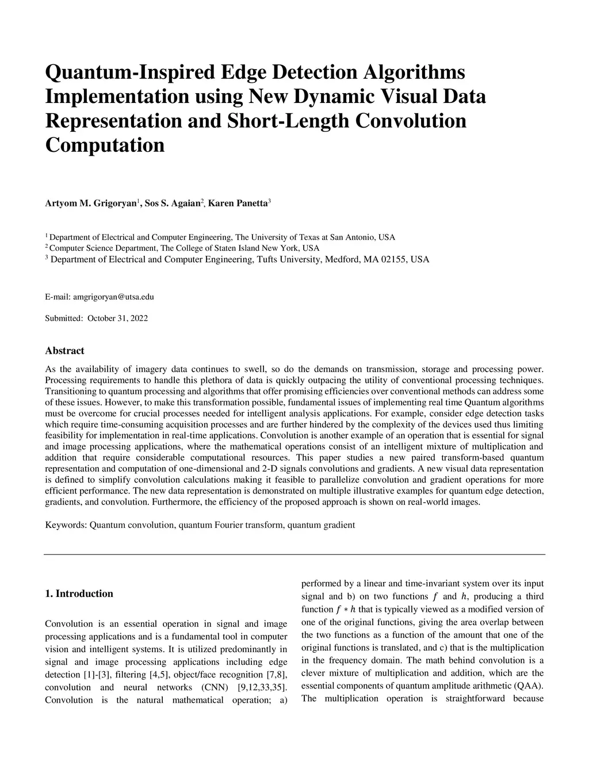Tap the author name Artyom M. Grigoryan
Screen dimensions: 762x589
(x=90, y=204)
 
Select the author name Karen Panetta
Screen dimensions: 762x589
(x=238, y=204)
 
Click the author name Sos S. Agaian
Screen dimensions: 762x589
(x=170, y=204)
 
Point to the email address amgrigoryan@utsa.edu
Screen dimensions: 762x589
(x=113, y=297)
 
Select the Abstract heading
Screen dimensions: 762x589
(x=64, y=351)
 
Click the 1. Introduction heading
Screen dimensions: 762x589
(x=79, y=593)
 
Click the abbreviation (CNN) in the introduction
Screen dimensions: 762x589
(x=214, y=687)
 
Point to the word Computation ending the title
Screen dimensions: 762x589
(x=105, y=145)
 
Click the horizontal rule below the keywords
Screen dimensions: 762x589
(x=294, y=554)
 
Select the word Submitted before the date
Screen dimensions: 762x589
(x=64, y=318)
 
